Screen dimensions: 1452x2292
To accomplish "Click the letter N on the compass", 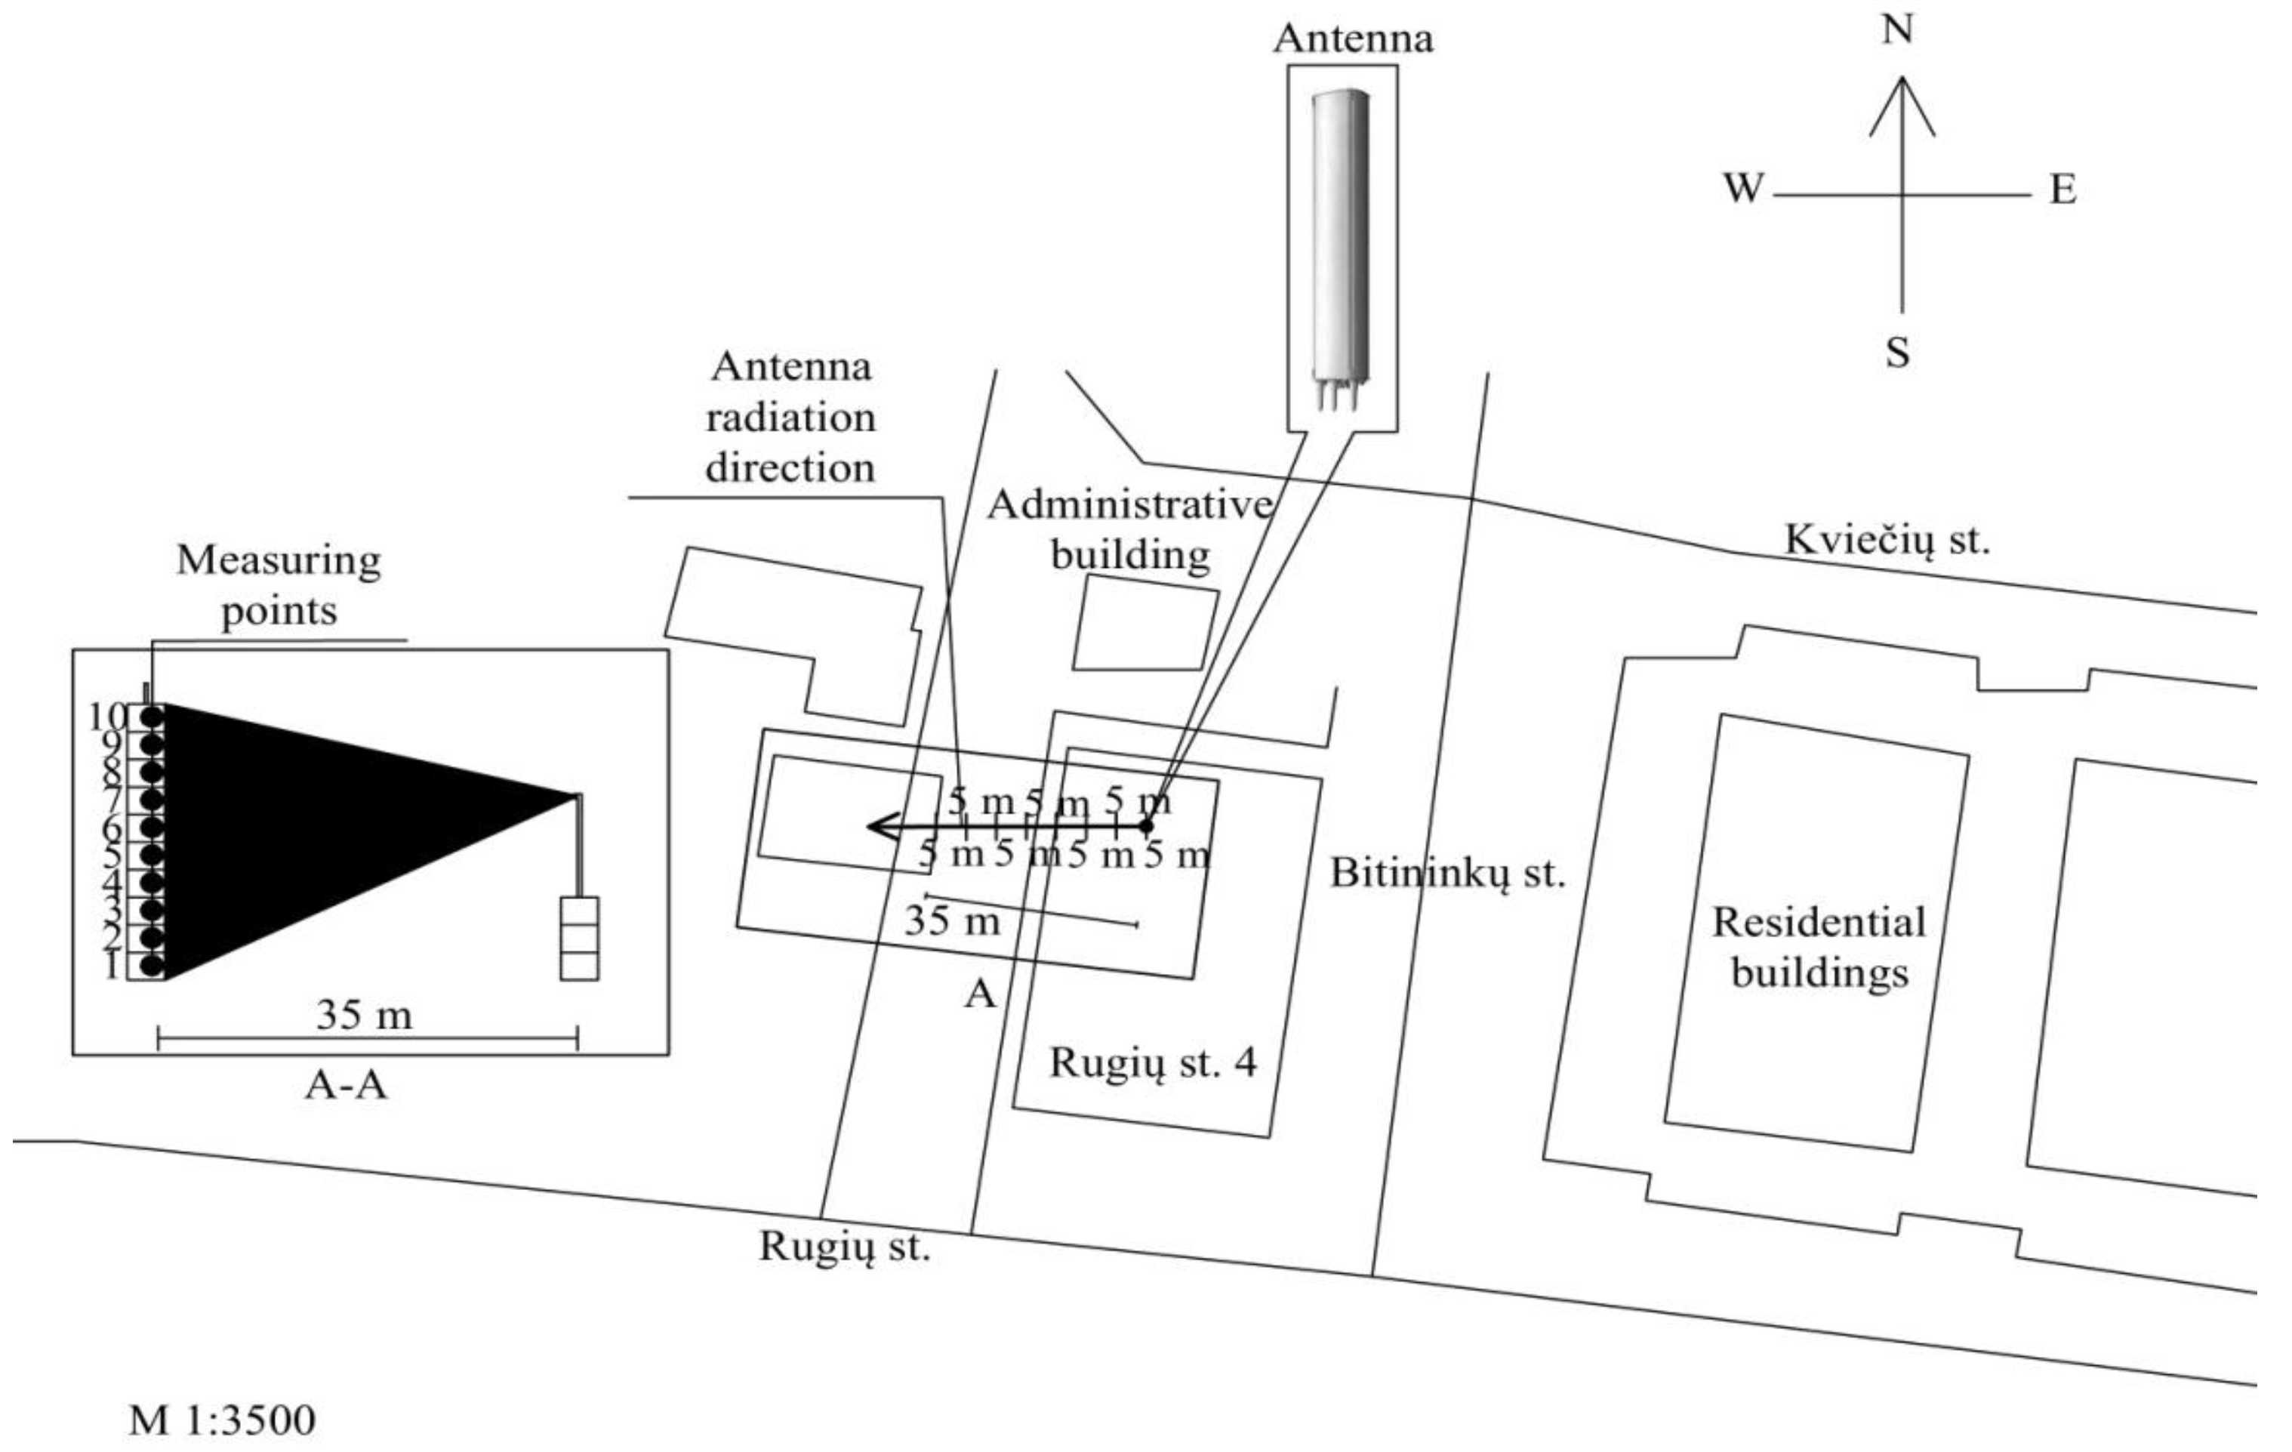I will (x=1898, y=30).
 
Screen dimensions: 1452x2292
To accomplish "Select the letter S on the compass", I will (x=1898, y=353).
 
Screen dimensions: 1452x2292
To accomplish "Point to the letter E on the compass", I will (x=2062, y=190).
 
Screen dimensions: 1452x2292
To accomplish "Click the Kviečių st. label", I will (x=1887, y=541).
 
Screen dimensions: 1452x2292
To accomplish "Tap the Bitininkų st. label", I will (x=1446, y=873).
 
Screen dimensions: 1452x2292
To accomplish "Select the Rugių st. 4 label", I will (x=1153, y=1062).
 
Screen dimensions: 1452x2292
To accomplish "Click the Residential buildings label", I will (x=1819, y=948).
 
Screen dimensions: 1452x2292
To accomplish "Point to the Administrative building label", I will (x=1131, y=529).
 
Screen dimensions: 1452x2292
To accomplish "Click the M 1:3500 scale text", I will (x=222, y=1420).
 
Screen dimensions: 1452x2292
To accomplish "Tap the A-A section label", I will (x=346, y=1084).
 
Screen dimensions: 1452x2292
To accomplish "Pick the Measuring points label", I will (x=279, y=584).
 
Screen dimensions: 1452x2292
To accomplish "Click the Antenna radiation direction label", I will (x=790, y=417).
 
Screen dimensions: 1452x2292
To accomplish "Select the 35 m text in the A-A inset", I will (x=365, y=1016).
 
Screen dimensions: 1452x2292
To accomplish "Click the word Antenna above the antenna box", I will (x=1353, y=39).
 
